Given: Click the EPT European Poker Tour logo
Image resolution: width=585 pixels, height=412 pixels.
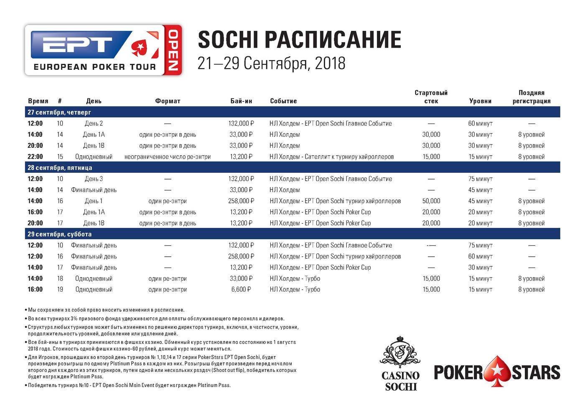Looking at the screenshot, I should pyautogui.click(x=103, y=50).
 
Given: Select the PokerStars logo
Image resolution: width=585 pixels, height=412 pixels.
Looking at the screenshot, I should pyautogui.click(x=497, y=372).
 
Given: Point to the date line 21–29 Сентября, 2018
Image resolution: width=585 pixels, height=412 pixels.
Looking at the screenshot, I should pyautogui.click(x=272, y=63).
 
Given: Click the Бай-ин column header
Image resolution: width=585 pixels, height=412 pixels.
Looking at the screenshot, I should pyautogui.click(x=241, y=101).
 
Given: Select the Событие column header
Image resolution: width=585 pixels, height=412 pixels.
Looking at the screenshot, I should pyautogui.click(x=283, y=101).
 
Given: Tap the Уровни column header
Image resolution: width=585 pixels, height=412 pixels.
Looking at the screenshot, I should pyautogui.click(x=480, y=101).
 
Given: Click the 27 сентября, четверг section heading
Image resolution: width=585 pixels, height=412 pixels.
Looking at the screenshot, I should pyautogui.click(x=59, y=112).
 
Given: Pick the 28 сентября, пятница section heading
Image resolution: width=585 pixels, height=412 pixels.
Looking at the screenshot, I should pyautogui.click(x=60, y=168).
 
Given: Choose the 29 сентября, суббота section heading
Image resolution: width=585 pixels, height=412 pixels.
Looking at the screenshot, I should pyautogui.click(x=59, y=234).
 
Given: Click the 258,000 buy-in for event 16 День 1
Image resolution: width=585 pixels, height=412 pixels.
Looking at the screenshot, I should pyautogui.click(x=241, y=201).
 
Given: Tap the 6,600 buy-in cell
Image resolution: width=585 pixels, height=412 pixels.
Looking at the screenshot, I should pyautogui.click(x=241, y=289).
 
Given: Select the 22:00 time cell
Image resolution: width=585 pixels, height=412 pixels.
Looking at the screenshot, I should pyautogui.click(x=35, y=157).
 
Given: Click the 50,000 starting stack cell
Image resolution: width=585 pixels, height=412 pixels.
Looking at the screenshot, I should pyautogui.click(x=431, y=201).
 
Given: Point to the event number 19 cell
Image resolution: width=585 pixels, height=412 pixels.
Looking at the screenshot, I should pyautogui.click(x=60, y=289).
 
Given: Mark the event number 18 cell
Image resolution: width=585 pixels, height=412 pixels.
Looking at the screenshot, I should pyautogui.click(x=60, y=278).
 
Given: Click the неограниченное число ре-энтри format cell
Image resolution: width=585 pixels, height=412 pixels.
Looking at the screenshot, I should pyautogui.click(x=168, y=157).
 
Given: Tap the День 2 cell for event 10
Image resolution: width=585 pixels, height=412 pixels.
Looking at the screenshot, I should pyautogui.click(x=94, y=124).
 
